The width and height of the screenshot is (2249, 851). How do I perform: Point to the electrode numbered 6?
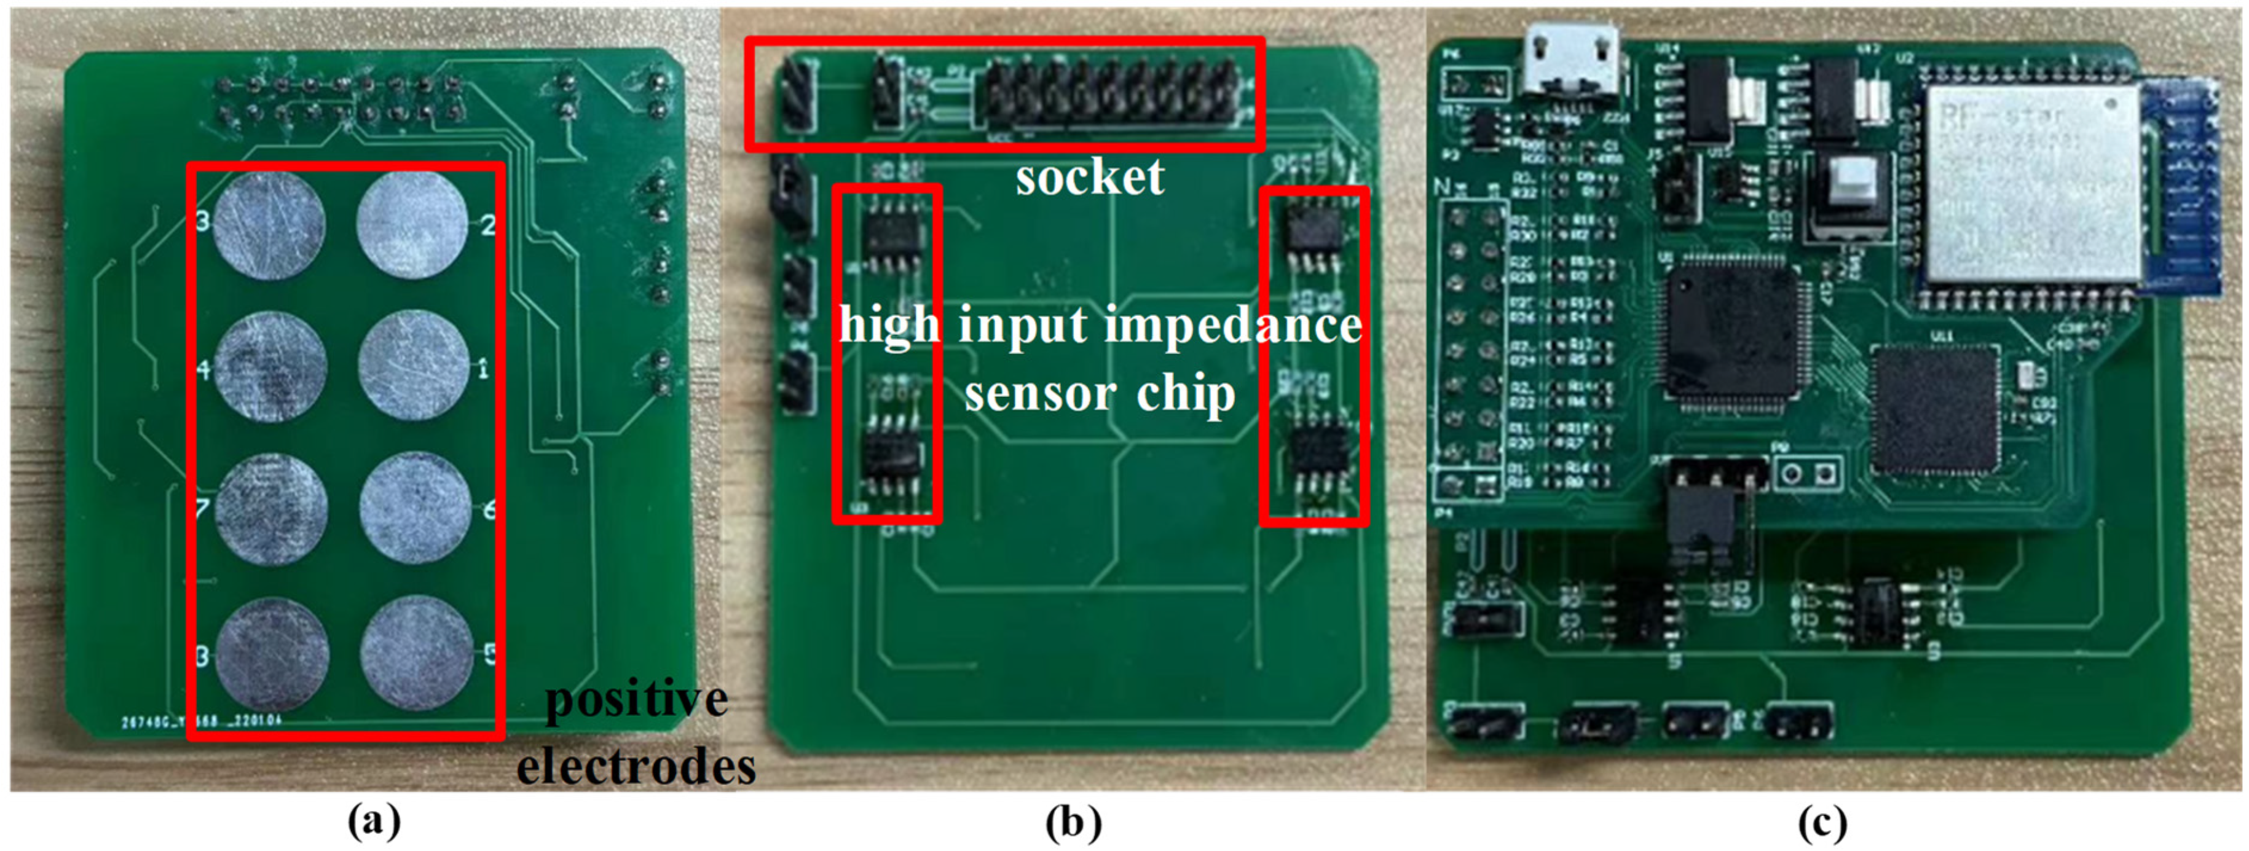(416, 508)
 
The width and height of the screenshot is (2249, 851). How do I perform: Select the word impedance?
(1233, 326)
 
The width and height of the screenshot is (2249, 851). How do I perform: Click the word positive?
(636, 699)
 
